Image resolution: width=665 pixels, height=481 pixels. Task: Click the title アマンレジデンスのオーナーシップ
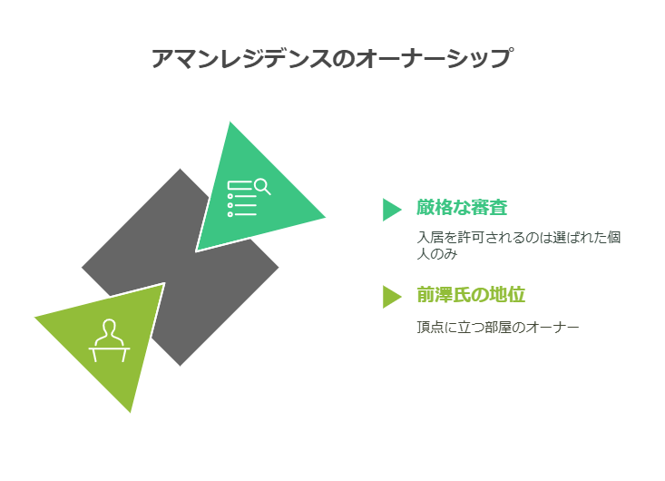332,59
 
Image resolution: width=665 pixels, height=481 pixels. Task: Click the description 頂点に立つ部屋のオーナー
497,327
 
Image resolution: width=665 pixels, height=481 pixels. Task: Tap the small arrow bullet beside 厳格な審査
391,209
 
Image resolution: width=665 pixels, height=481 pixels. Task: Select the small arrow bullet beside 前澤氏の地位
391,296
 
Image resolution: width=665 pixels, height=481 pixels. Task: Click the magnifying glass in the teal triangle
262,186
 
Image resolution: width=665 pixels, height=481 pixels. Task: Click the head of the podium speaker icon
109,329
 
